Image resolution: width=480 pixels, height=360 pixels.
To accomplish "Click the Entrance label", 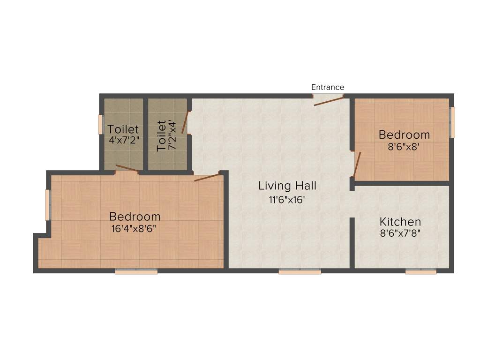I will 328,87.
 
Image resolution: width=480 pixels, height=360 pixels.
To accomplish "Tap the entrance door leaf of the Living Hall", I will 328,101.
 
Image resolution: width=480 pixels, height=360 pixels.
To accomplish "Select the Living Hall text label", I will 287,186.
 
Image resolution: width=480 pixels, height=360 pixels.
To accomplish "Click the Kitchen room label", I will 400,222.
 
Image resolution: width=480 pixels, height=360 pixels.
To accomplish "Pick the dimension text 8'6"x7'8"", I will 400,233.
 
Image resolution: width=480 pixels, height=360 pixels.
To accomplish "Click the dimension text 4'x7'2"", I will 123,140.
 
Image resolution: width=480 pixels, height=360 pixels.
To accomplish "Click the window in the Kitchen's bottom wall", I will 420,271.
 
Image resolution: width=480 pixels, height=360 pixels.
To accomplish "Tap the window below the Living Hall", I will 300,271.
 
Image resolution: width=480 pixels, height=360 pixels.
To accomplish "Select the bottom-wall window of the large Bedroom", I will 136,271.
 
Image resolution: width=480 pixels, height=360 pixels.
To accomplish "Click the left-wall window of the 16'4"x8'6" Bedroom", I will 47,205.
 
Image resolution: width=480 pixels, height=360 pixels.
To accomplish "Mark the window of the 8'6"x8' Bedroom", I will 452,122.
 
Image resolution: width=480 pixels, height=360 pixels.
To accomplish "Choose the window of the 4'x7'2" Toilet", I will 100,124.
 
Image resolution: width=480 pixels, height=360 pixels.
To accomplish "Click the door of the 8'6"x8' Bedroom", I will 357,165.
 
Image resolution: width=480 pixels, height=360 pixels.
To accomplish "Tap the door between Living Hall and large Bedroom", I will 207,177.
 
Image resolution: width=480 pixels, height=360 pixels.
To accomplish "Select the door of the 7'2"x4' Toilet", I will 185,123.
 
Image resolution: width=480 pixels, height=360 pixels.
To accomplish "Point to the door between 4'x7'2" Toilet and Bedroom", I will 127,169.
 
